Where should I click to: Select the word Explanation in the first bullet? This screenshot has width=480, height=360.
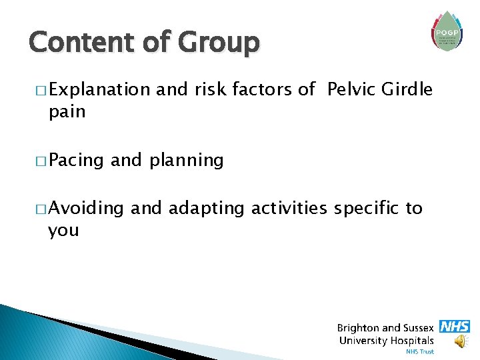click(x=99, y=90)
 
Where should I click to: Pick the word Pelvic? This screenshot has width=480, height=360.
click(x=352, y=89)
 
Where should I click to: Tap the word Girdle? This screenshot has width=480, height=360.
click(x=407, y=89)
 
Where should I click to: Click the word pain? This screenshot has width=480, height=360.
click(x=67, y=111)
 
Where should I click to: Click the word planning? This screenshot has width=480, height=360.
click(x=187, y=161)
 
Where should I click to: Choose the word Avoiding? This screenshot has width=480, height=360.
click(x=86, y=209)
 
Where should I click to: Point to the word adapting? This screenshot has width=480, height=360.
click(x=207, y=209)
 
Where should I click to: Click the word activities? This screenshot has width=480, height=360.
click(x=289, y=209)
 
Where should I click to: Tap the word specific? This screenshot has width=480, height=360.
click(x=365, y=209)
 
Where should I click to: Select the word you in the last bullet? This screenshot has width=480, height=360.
click(x=63, y=231)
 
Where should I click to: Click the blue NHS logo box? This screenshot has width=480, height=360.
click(x=455, y=327)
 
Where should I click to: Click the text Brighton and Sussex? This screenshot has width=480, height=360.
click(x=385, y=328)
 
